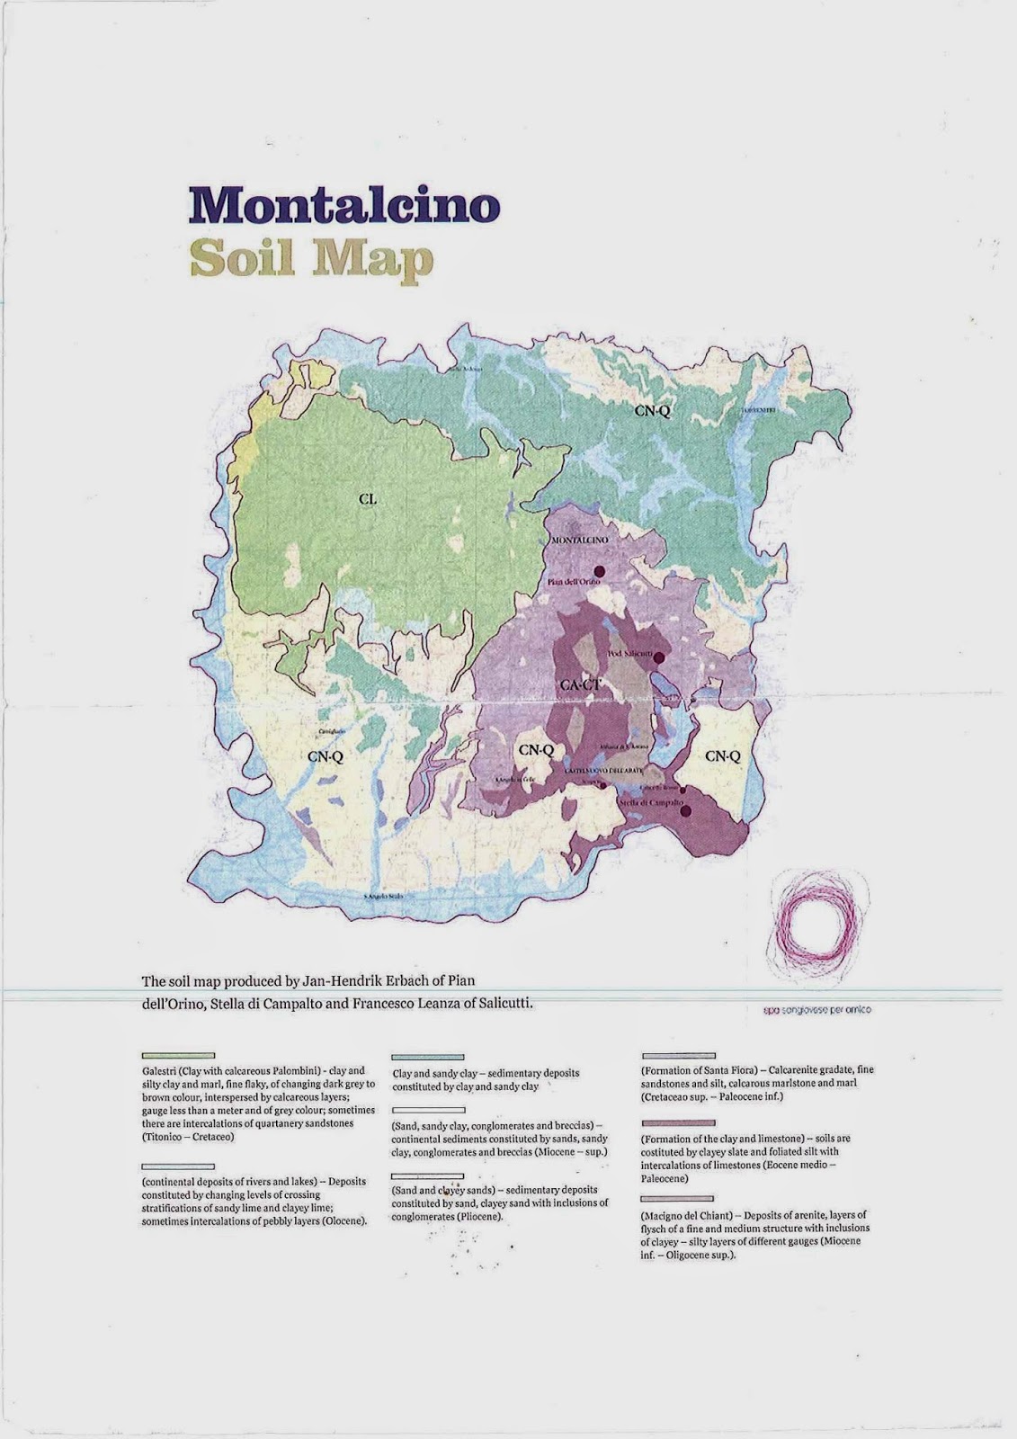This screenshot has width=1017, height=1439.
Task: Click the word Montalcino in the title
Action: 343,206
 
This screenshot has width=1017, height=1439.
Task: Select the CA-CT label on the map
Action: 580,685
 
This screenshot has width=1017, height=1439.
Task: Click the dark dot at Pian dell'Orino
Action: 600,570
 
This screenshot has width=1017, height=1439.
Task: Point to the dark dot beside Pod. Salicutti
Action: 658,657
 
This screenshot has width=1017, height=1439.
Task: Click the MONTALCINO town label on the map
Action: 579,540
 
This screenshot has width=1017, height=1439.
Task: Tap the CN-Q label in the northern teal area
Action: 653,412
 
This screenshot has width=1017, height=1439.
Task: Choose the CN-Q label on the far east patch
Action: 723,756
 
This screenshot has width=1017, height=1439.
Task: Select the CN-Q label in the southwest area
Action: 326,757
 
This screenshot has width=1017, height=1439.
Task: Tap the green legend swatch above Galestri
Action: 178,1055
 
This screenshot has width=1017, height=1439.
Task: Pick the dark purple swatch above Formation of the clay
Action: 678,1123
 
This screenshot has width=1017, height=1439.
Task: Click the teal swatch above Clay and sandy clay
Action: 428,1058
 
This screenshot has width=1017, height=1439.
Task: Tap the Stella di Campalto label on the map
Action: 653,800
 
